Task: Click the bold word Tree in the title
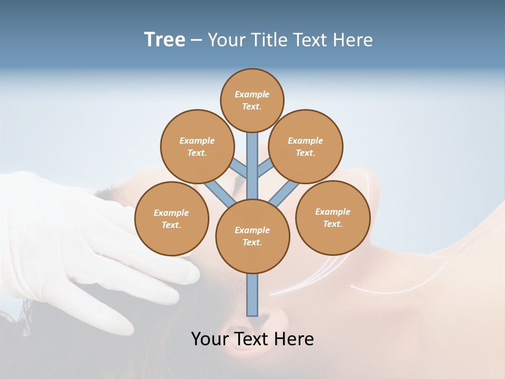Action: pyautogui.click(x=165, y=39)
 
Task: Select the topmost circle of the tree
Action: pyautogui.click(x=252, y=100)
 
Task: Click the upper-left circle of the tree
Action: pyautogui.click(x=197, y=146)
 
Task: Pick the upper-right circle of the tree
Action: pyautogui.click(x=306, y=146)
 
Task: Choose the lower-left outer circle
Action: pyautogui.click(x=171, y=218)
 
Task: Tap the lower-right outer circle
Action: pyautogui.click(x=332, y=217)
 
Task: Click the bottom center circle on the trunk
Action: pyautogui.click(x=252, y=236)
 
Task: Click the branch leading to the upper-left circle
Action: pyautogui.click(x=239, y=169)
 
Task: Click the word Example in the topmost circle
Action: pyautogui.click(x=252, y=94)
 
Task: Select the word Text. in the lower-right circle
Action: pyautogui.click(x=332, y=224)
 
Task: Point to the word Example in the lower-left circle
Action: pyautogui.click(x=171, y=213)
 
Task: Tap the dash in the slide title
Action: pyautogui.click(x=196, y=40)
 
